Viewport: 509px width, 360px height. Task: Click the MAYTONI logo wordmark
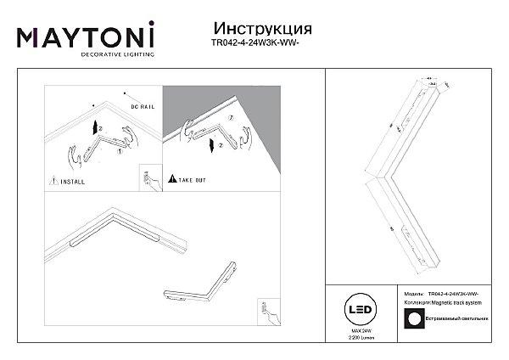pyautogui.click(x=86, y=36)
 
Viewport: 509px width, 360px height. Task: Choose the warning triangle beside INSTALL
pyautogui.click(x=53, y=180)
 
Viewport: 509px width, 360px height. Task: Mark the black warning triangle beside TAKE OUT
pyautogui.click(x=172, y=180)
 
